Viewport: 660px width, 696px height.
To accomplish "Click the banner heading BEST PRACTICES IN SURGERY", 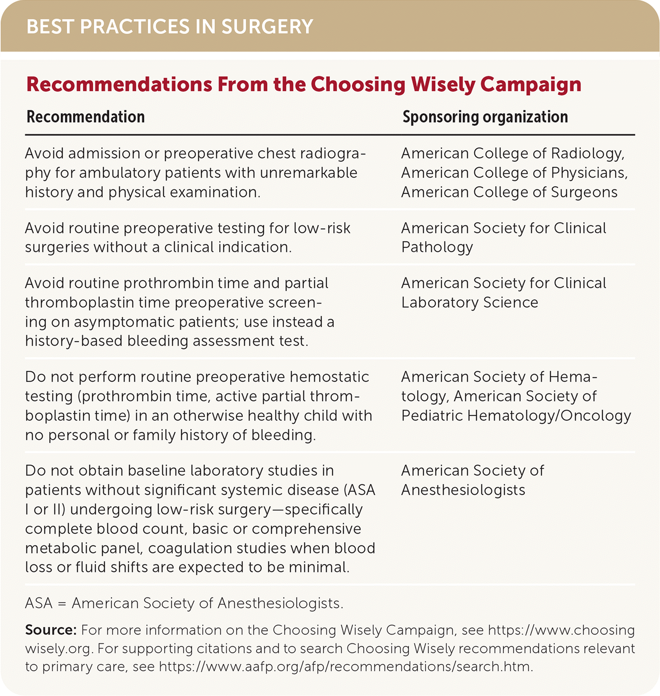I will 169,27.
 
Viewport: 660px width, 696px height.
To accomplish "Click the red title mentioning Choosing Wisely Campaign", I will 303,85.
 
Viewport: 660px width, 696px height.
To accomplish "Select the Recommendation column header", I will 86,117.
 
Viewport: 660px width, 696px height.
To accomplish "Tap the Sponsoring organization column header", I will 485,117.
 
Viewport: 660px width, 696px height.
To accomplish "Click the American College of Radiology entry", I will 513,153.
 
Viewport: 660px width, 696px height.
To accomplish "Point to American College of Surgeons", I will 509,192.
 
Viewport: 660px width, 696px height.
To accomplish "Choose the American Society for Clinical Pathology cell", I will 503,238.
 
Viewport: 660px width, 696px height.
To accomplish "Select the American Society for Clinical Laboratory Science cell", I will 503,293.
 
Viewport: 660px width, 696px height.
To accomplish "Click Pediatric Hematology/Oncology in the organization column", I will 516,416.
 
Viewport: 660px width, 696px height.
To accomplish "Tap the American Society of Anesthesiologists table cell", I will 472,480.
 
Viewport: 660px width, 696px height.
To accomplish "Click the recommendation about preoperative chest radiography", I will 195,173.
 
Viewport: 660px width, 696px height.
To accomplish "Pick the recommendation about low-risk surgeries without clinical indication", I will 187,238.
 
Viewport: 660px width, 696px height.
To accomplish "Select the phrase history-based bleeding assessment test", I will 166,341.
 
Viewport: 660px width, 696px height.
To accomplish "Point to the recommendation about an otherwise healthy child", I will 198,406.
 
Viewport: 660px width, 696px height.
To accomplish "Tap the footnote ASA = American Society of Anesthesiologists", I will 184,604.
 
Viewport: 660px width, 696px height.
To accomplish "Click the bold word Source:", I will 51,630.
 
